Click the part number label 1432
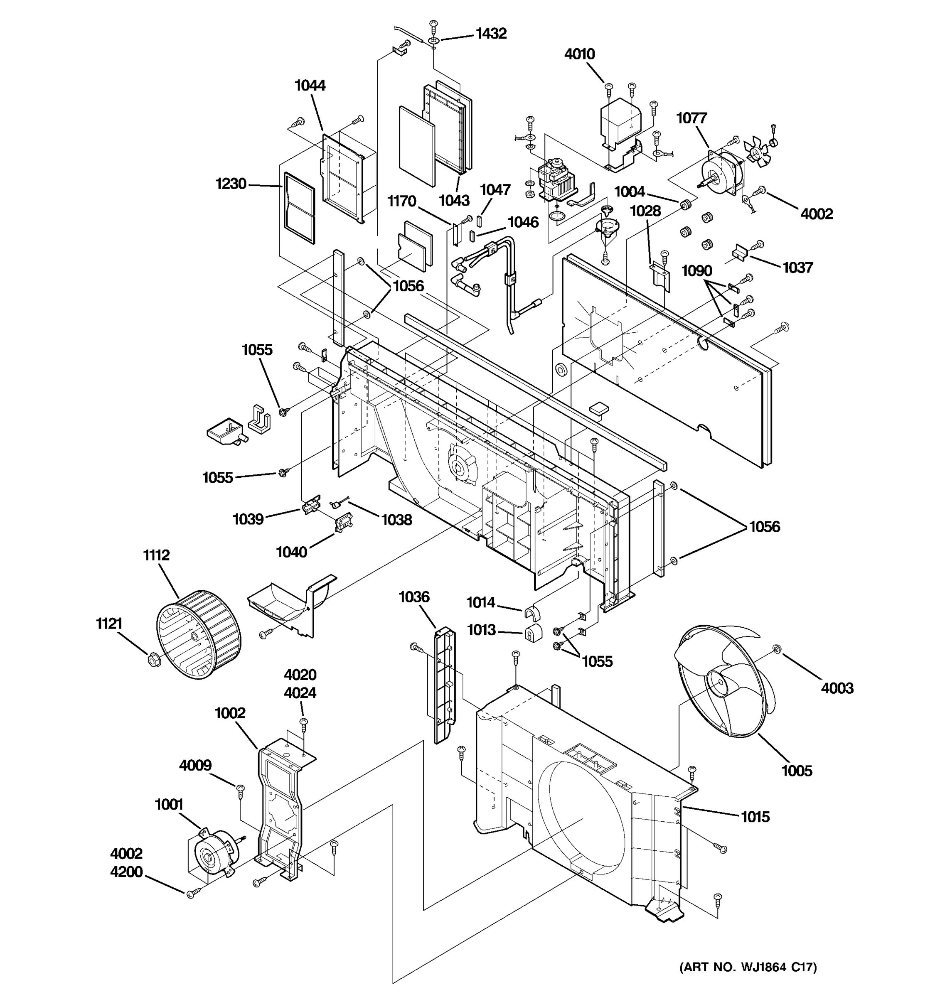[491, 34]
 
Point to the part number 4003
[837, 688]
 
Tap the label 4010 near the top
[579, 54]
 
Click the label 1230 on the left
[231, 184]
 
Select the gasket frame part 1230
[300, 208]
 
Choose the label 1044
[310, 86]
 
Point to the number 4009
[195, 765]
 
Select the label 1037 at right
[797, 268]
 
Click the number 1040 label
[291, 552]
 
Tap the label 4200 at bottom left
[126, 872]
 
